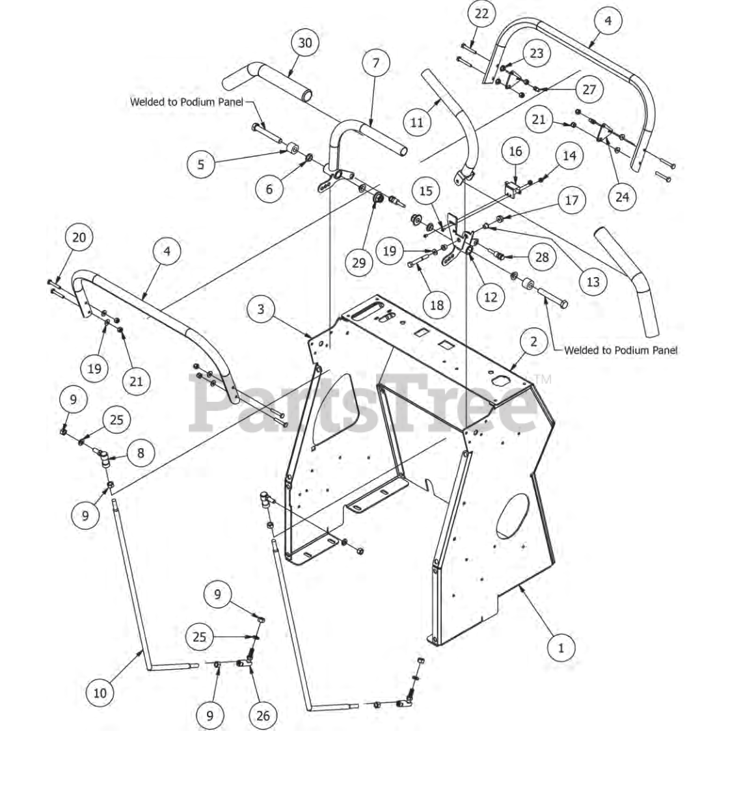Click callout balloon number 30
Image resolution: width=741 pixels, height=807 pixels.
tap(304, 44)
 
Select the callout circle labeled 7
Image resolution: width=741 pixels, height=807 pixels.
tap(375, 63)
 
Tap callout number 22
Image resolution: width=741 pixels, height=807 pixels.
tap(481, 14)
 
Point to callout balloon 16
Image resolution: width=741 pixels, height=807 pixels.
tap(515, 152)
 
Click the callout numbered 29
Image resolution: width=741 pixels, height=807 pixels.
tap(358, 262)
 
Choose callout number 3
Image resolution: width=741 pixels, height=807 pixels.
tap(261, 309)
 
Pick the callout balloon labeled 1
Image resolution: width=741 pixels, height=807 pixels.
tap(561, 648)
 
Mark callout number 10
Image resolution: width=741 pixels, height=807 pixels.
tap(100, 693)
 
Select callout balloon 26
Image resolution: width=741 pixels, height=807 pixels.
tap(262, 715)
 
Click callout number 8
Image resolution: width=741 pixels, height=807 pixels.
tap(141, 453)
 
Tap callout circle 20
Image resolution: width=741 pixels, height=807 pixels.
tap(79, 237)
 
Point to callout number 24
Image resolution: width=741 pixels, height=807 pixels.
tap(622, 196)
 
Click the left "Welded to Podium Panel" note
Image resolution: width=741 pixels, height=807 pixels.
tap(186, 101)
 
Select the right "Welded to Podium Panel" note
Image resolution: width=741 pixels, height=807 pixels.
tap(620, 351)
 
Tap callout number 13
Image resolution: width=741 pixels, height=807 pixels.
tap(593, 282)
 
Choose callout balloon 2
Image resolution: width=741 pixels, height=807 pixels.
tap(533, 341)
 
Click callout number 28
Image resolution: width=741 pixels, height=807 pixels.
tap(542, 257)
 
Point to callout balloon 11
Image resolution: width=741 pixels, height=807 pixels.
tap(416, 122)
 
